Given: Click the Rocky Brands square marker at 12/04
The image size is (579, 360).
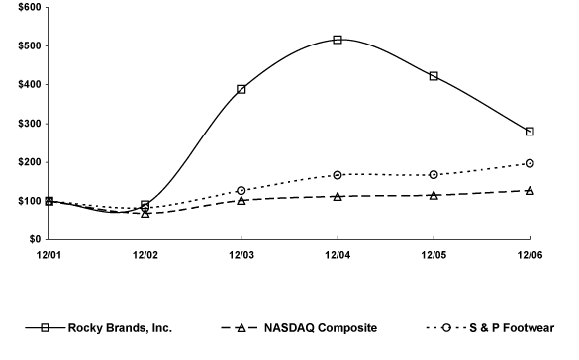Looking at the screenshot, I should pyautogui.click(x=338, y=40).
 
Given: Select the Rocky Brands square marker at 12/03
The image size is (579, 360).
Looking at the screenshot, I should pyautogui.click(x=241, y=89).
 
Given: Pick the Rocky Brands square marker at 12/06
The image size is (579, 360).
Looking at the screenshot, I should pyautogui.click(x=530, y=132).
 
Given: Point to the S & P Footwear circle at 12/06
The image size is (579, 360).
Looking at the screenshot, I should pyautogui.click(x=530, y=163).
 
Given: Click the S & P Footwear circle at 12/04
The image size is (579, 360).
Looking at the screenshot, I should pyautogui.click(x=338, y=175).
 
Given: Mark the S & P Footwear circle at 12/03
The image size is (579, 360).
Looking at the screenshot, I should pyautogui.click(x=241, y=190).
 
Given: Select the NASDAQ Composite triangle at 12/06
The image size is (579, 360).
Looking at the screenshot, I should pyautogui.click(x=530, y=190).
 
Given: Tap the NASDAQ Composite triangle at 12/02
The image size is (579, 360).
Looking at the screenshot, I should pyautogui.click(x=145, y=213).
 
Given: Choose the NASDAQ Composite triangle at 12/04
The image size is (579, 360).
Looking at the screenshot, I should pyautogui.click(x=338, y=196).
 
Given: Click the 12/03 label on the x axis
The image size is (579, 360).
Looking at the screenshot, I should pyautogui.click(x=241, y=255).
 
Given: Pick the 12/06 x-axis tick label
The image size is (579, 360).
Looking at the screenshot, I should pyautogui.click(x=530, y=255).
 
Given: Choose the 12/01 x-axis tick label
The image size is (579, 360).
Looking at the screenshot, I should pyautogui.click(x=49, y=255).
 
